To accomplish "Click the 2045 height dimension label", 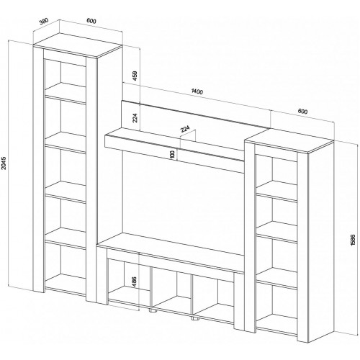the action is [4, 163].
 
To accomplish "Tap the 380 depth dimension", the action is [44, 21].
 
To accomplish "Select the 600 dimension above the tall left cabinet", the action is [91, 21].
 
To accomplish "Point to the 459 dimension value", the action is [135, 76].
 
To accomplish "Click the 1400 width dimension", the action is [197, 91].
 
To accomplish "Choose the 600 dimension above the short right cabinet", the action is [302, 112].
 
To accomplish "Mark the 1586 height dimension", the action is [352, 240].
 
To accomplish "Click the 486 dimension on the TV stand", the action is [134, 282].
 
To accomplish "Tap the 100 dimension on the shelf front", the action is [172, 154].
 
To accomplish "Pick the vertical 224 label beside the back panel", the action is [135, 118].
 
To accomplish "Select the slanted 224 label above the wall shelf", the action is [185, 129].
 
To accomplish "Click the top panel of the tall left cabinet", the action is [78, 45].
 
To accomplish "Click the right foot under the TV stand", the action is [195, 319].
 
